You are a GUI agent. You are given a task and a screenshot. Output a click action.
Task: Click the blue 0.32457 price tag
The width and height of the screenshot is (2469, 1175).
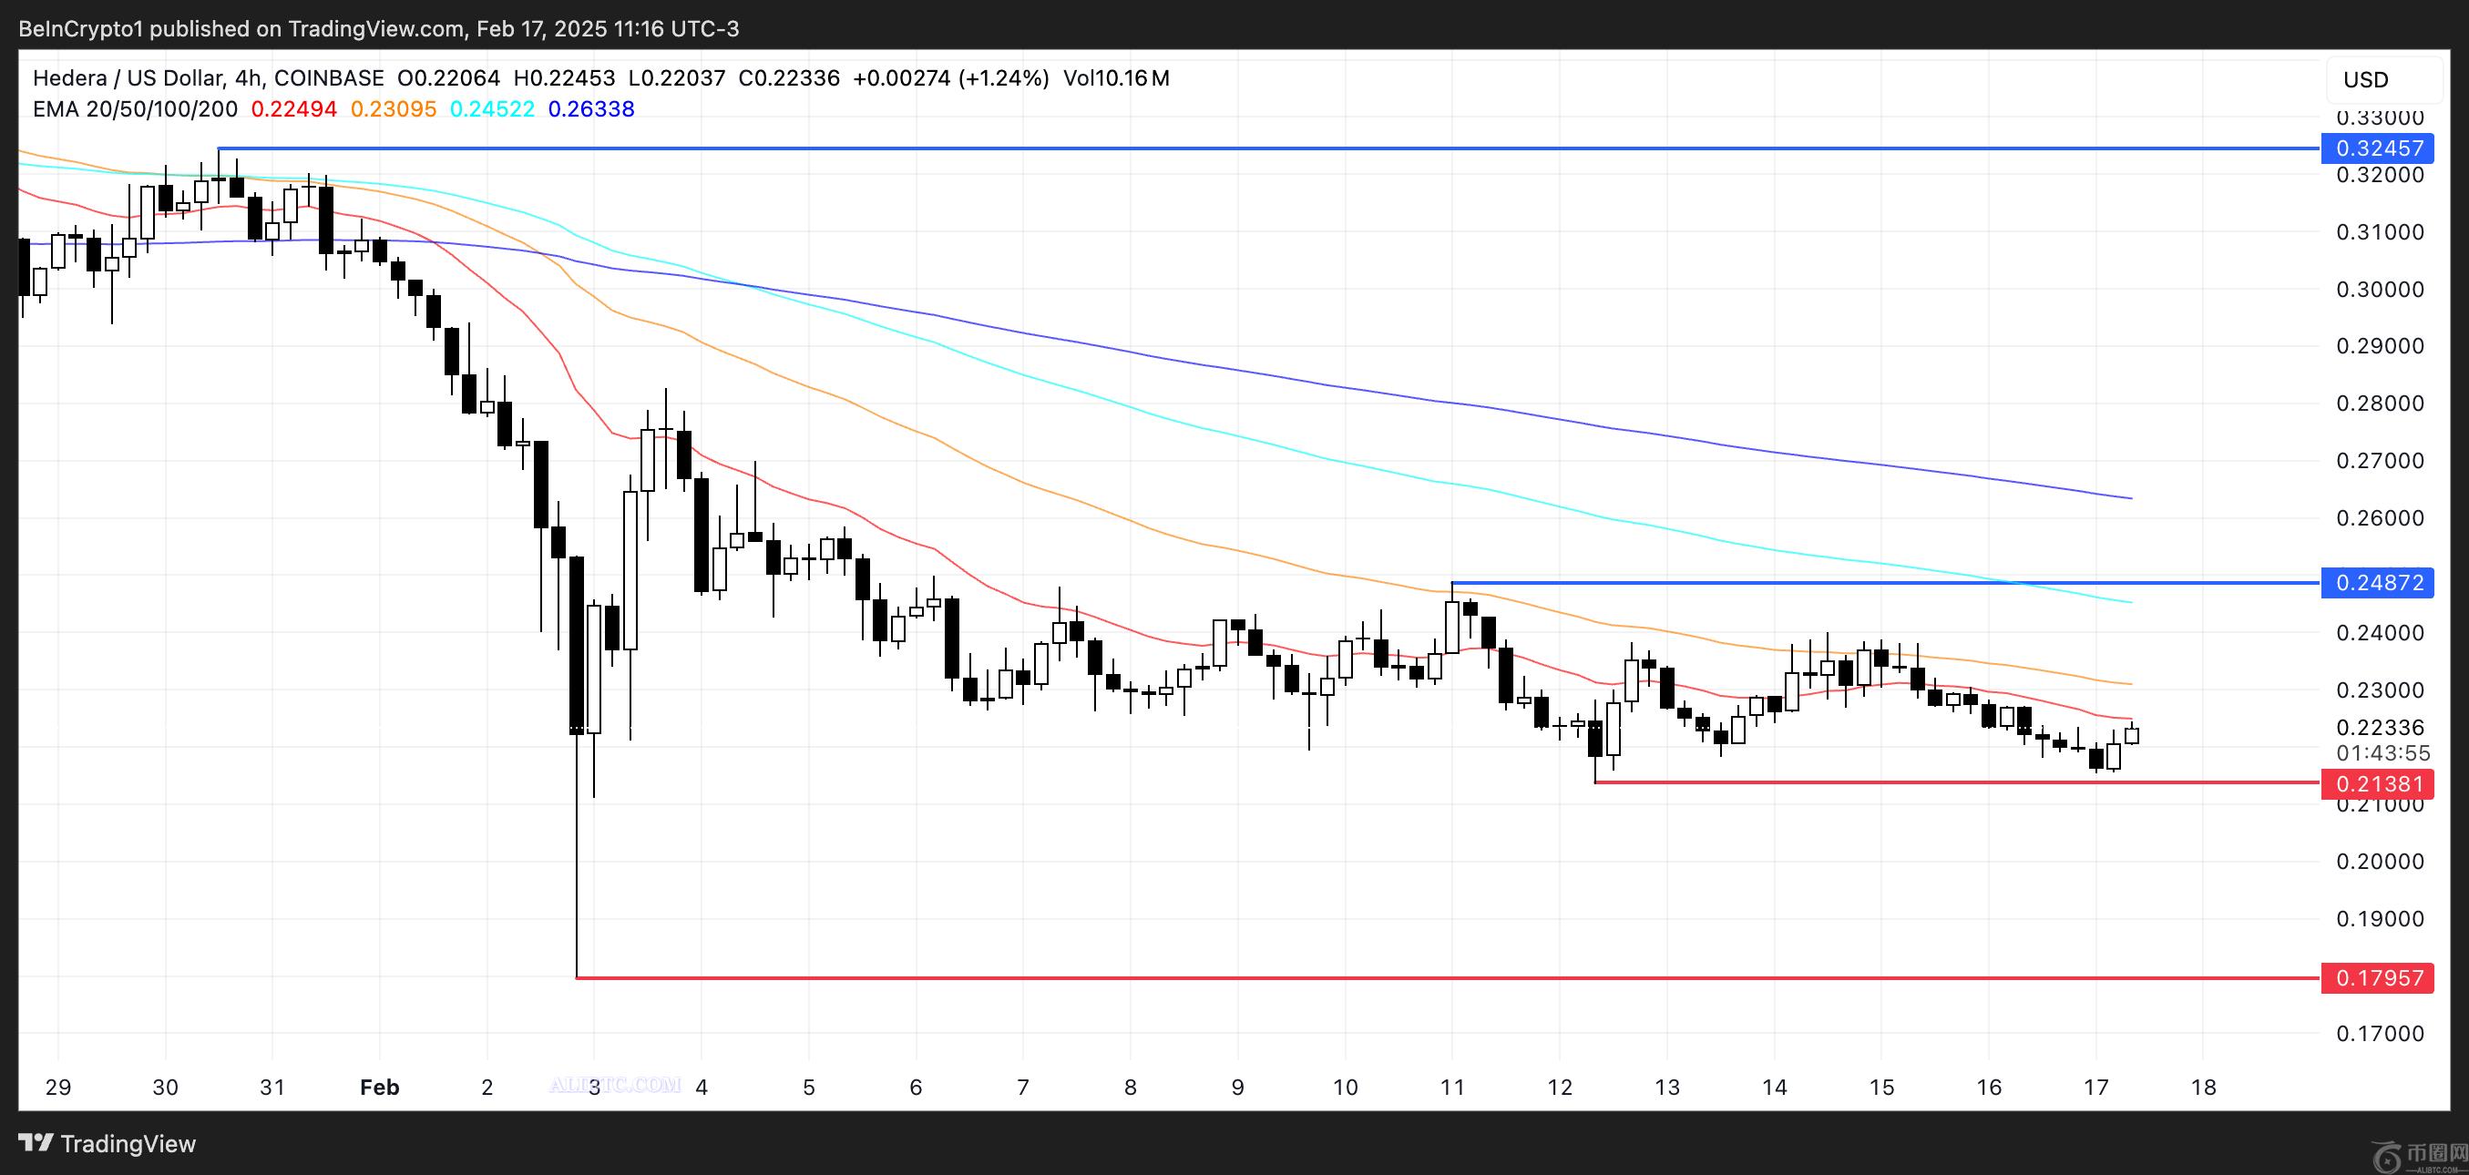2377,148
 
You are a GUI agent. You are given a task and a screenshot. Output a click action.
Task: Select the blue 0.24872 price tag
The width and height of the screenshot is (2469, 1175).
2377,583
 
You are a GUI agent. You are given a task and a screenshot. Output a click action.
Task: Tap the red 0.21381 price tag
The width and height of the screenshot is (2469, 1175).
2377,784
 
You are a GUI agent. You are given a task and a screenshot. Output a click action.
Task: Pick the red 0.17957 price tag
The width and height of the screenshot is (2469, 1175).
2377,978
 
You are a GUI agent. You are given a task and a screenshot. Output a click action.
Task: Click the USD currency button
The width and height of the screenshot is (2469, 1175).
2365,79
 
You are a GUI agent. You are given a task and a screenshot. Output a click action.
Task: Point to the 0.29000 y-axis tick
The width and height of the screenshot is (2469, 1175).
2380,346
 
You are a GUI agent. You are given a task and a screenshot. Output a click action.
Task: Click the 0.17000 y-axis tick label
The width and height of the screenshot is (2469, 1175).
2380,1034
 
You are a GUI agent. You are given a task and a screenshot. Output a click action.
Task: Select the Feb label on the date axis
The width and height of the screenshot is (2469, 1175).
380,1087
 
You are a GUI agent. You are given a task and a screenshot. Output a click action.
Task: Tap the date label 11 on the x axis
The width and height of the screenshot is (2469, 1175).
1452,1087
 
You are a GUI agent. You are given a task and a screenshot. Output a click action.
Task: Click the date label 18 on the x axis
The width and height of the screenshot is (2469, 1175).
2204,1087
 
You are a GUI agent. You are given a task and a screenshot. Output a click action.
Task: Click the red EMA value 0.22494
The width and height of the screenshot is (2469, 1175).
293,109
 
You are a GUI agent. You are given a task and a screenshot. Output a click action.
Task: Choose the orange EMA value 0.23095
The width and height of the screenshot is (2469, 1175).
393,109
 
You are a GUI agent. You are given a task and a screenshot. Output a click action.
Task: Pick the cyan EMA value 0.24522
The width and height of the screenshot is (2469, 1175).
492,109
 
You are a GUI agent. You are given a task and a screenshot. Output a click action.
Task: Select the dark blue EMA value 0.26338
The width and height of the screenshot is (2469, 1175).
590,109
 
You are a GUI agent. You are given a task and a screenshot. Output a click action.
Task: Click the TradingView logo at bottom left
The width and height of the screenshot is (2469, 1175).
108,1143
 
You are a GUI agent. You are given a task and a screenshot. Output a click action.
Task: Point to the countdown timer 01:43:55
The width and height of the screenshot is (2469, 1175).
2382,753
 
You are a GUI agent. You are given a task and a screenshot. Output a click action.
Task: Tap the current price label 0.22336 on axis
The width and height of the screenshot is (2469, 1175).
2380,729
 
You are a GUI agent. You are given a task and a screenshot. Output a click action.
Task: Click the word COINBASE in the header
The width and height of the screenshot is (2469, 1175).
329,78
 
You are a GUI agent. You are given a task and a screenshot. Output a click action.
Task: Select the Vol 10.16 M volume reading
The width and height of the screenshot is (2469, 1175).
1116,78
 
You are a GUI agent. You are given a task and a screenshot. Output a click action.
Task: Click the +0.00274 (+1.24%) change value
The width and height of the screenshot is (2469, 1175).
950,78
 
